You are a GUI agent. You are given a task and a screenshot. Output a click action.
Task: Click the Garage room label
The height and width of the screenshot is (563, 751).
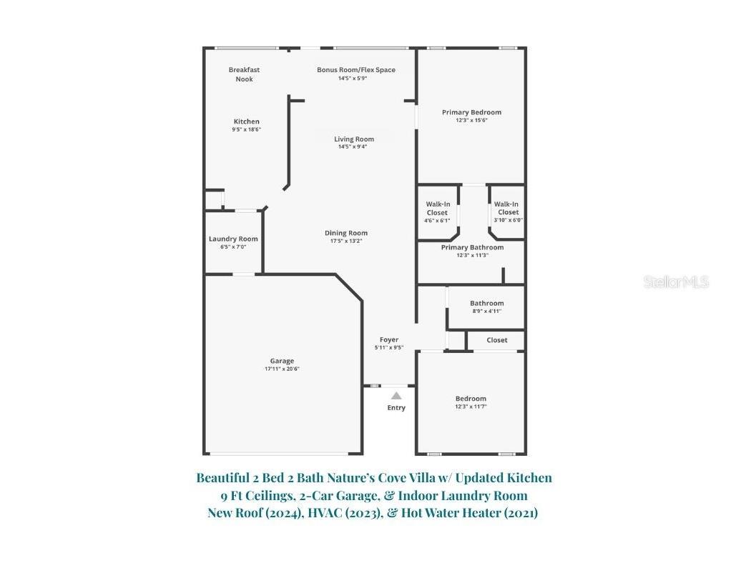pos(282,361)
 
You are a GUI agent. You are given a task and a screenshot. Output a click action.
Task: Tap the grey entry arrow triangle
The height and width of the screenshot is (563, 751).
pos(396,395)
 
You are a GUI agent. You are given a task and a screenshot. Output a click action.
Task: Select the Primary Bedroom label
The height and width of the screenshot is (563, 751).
pos(471,112)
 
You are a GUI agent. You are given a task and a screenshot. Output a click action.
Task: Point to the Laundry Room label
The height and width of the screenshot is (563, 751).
pos(233,239)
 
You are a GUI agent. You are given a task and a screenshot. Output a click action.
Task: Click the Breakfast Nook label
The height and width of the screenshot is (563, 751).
pos(244,74)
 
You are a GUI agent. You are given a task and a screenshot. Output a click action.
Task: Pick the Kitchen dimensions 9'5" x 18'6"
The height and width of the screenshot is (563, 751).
pos(246,129)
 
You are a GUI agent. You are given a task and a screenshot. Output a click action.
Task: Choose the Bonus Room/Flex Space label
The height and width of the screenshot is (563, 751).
pos(356,70)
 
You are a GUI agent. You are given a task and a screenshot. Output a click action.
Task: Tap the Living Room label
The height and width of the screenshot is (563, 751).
pos(354,139)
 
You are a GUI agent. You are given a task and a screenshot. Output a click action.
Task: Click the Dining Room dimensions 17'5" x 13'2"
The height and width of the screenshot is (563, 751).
pos(346,241)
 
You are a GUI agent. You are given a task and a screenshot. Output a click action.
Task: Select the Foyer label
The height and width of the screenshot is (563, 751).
pos(389,339)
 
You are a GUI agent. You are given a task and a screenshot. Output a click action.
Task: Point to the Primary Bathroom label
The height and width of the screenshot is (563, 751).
pos(472,247)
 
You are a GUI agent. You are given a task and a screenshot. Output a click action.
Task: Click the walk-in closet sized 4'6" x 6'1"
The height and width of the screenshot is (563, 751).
pos(437,212)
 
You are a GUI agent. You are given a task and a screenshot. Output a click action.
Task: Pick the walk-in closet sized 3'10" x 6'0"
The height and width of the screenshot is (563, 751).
pos(508,212)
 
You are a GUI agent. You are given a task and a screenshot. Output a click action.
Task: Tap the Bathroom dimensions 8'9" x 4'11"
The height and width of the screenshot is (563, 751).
pos(486,311)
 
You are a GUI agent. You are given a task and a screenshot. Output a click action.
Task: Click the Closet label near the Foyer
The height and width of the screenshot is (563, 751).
pos(497,340)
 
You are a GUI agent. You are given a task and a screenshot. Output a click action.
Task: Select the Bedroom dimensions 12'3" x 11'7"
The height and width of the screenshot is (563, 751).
pos(471,407)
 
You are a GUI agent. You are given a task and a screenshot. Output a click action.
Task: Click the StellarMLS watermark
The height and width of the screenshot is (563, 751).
pos(676,282)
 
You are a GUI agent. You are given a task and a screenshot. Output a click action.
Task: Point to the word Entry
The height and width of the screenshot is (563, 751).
pos(396,408)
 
